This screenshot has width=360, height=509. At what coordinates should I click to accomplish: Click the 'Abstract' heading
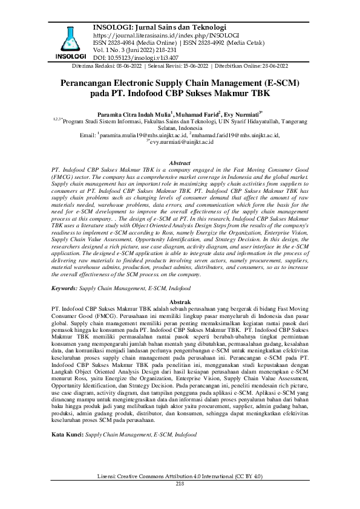pos(180,164)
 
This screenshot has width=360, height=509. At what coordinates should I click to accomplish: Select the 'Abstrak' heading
pos(180,301)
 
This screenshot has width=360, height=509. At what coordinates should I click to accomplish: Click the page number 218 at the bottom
pos(180,484)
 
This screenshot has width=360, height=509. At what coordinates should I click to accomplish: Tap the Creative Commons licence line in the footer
pos(180,478)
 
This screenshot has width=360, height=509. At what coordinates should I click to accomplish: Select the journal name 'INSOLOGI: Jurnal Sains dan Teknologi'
pos(159,27)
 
